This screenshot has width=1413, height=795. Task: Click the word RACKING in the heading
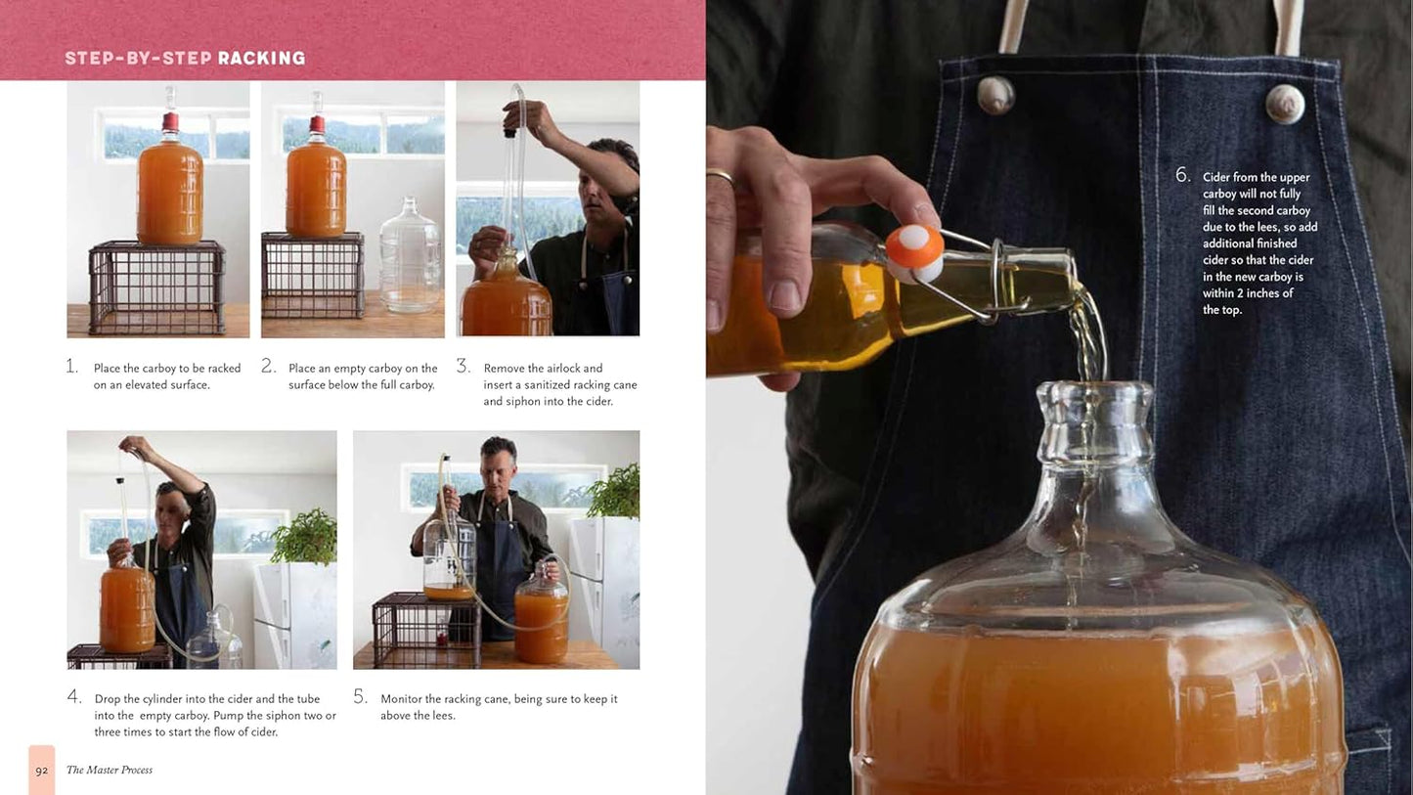[262, 58]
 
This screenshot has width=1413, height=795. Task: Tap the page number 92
[42, 771]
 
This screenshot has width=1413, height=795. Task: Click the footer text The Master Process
[110, 770]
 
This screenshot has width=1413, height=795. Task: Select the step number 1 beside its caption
[72, 366]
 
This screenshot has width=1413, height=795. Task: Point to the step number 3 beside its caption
[463, 366]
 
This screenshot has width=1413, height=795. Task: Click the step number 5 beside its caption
[360, 696]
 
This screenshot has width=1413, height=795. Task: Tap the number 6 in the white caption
[1183, 175]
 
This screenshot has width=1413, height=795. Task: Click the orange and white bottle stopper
[914, 252]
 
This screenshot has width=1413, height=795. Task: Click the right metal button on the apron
[1285, 104]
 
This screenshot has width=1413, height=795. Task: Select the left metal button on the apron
[996, 95]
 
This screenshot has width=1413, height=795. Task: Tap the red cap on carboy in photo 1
[170, 122]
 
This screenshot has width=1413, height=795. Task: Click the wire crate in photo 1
[156, 287]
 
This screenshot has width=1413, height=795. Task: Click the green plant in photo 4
[305, 538]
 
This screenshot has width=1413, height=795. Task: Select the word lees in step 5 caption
[442, 716]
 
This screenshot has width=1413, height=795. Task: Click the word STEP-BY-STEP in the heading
[138, 58]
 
